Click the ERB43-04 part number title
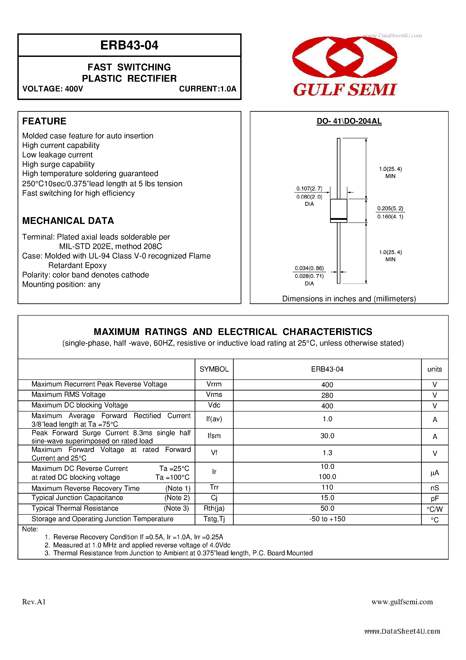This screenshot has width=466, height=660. click(x=129, y=45)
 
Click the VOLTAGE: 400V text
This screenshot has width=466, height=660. click(x=53, y=89)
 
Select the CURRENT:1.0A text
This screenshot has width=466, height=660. click(x=208, y=89)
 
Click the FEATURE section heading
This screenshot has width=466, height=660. click(x=44, y=121)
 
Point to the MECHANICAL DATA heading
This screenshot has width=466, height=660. click(x=68, y=221)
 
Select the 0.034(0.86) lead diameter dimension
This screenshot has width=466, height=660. click(x=309, y=268)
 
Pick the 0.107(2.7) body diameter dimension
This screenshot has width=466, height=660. click(x=309, y=188)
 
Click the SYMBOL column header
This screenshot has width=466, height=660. click(x=214, y=369)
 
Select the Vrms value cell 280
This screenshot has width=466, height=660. click(x=327, y=395)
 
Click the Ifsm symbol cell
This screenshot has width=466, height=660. click(x=214, y=436)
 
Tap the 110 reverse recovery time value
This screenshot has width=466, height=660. click(x=327, y=487)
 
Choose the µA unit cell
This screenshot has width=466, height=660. click(x=434, y=473)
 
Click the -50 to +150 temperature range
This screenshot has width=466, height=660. click(x=327, y=519)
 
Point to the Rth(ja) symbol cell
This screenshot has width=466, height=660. click(x=214, y=508)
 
